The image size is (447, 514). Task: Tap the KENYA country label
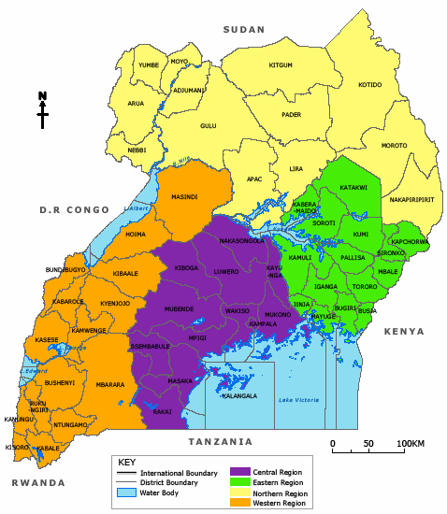pos(404,332)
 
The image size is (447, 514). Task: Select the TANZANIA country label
pos(220,441)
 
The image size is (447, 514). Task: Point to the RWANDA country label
pos(38,482)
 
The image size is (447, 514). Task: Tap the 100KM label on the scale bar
pos(410,443)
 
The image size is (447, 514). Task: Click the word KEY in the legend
pos(126,462)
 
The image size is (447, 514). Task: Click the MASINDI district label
pos(184,197)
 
